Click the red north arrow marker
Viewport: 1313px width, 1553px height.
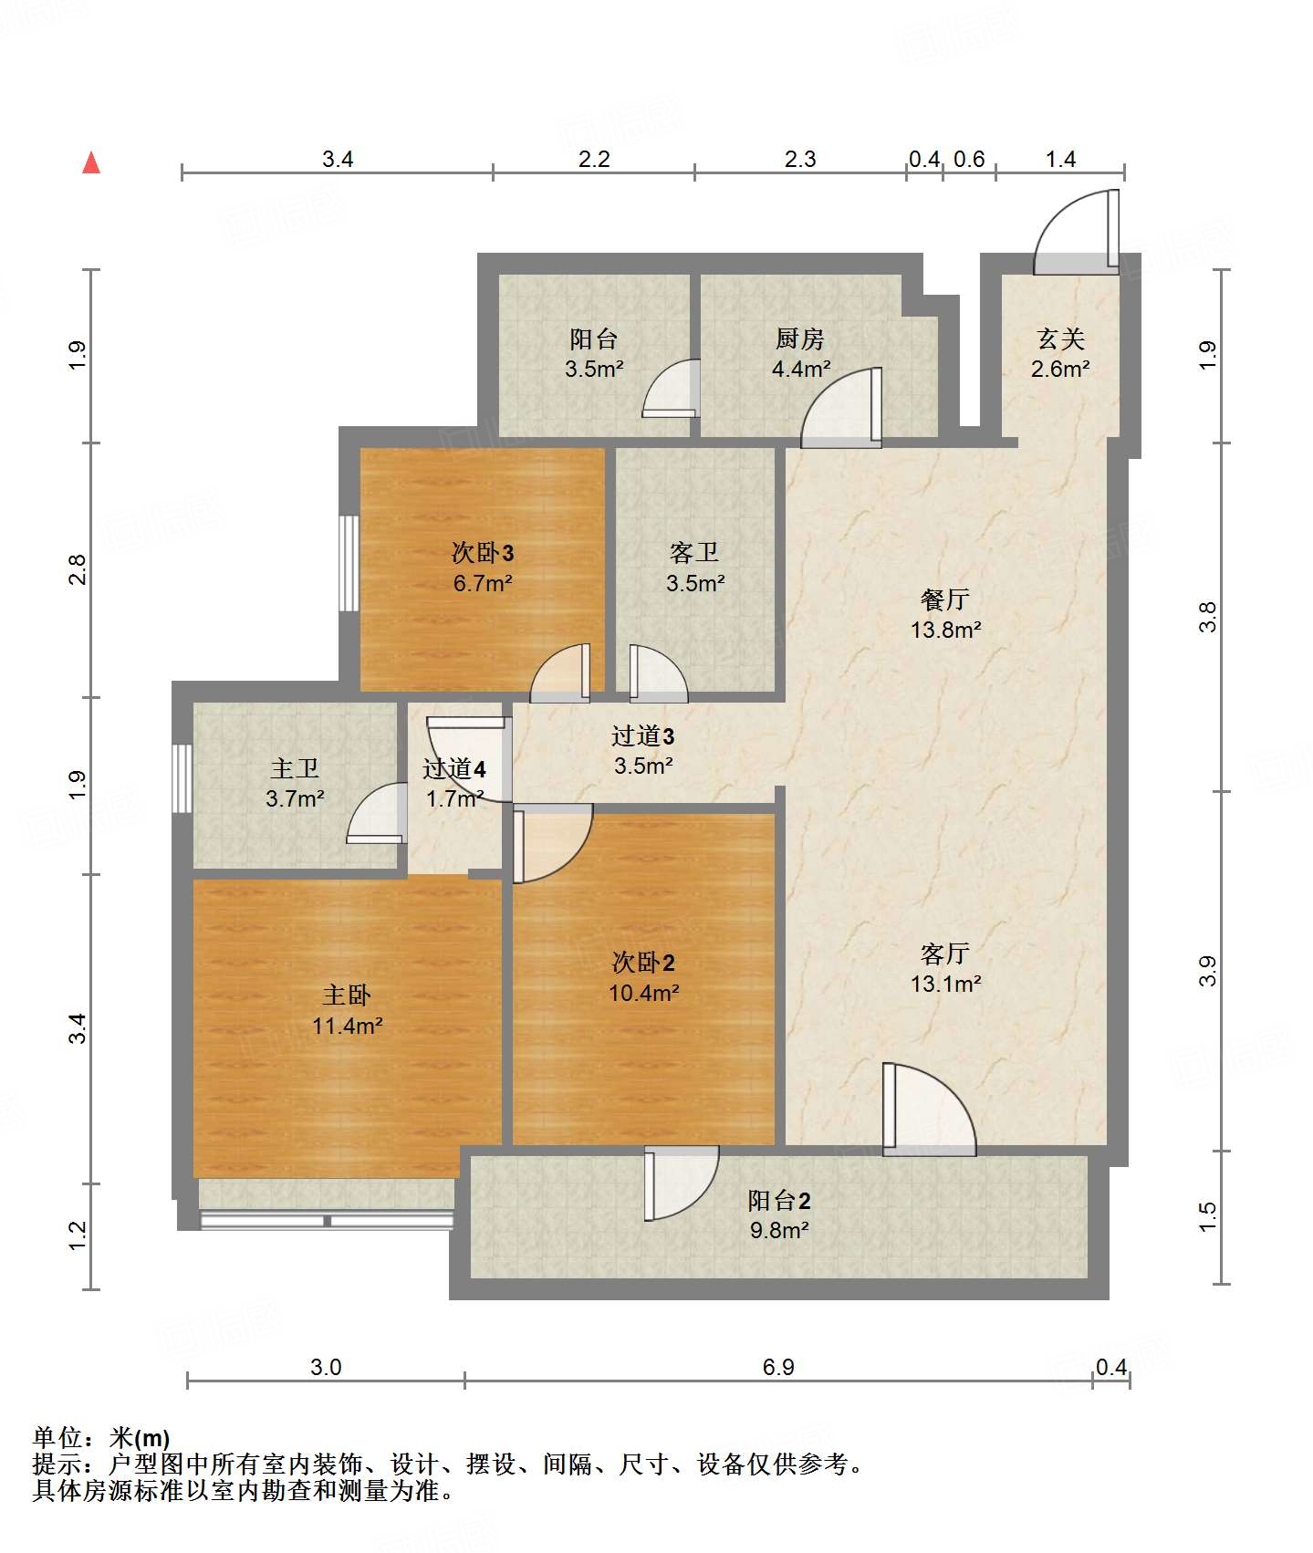[x=91, y=163]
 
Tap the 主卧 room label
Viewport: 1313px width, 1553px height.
[x=347, y=995]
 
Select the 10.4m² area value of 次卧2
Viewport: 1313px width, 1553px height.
[x=644, y=993]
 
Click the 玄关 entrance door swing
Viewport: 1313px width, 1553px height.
[x=1075, y=233]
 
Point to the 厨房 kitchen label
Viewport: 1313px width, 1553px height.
[x=800, y=339]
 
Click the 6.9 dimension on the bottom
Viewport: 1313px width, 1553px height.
[x=778, y=1367]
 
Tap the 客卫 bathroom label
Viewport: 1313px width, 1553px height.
[x=694, y=552]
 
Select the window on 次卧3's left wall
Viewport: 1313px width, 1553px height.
[x=349, y=564]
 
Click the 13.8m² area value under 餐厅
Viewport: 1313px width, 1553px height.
[x=945, y=630]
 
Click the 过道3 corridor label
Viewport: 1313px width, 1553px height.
[x=643, y=735]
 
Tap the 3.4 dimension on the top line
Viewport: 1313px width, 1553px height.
[x=338, y=160]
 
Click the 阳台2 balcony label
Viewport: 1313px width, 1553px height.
[x=779, y=1201]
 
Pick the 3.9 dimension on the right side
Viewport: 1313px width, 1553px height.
[x=1207, y=971]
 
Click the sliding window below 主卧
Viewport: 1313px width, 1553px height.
[x=327, y=1220]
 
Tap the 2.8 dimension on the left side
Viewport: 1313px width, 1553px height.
[x=78, y=570]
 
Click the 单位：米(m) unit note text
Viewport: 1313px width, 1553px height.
[x=101, y=1438]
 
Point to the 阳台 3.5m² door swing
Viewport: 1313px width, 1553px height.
[x=671, y=390]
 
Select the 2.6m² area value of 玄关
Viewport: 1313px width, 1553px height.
[x=1060, y=369]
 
